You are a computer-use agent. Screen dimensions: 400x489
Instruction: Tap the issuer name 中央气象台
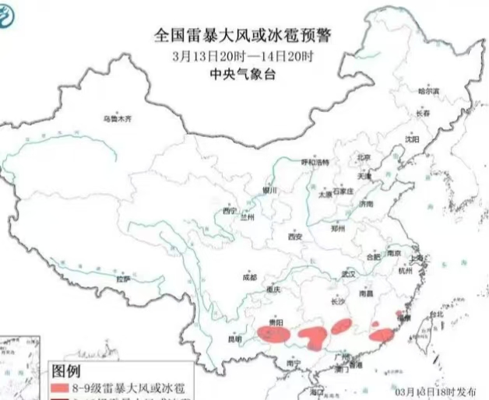(243, 75)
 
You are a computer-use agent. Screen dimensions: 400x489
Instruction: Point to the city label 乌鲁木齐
(118, 118)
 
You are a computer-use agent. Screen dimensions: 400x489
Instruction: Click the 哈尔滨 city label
(428, 92)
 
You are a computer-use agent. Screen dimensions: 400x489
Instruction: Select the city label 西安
(294, 236)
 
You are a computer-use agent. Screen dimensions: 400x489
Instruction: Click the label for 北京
(364, 157)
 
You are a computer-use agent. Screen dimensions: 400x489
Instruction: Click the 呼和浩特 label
(315, 162)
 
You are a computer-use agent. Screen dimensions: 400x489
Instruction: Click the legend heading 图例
(67, 368)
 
